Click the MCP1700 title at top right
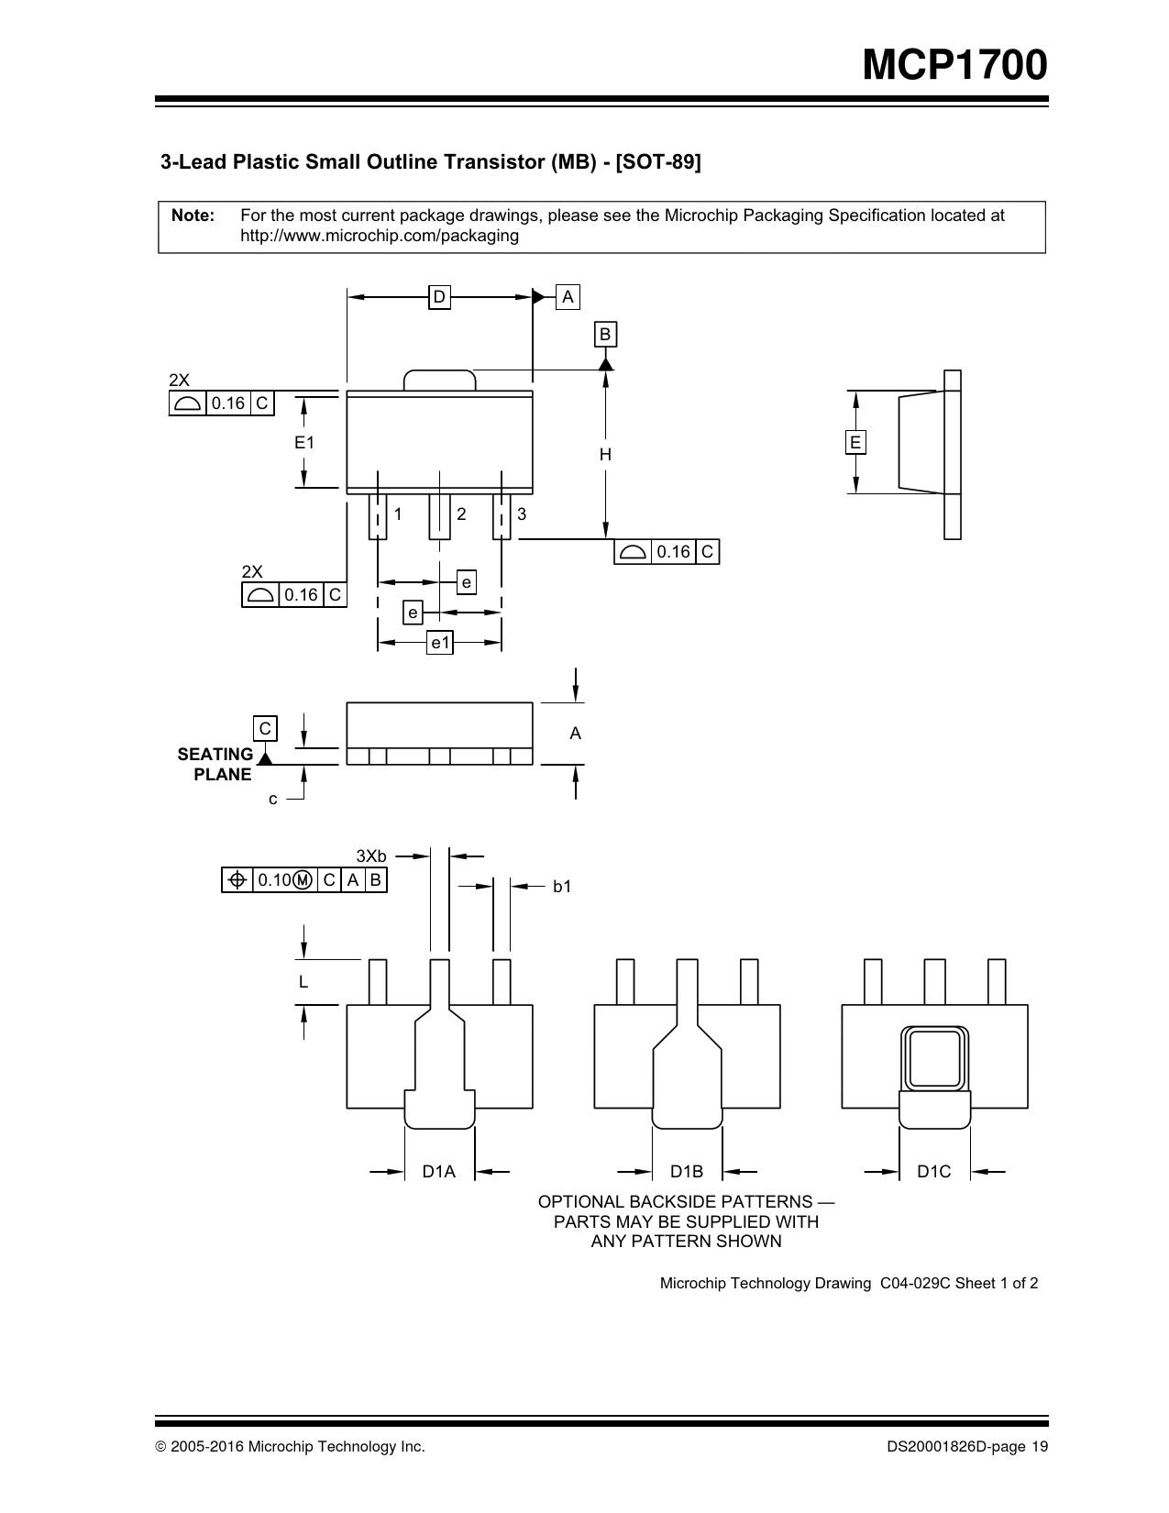pyautogui.click(x=954, y=65)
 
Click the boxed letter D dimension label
pyautogui.click(x=439, y=297)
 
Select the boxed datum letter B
pyautogui.click(x=605, y=334)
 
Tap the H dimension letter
pyautogui.click(x=606, y=455)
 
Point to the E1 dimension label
pyautogui.click(x=304, y=442)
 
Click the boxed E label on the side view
pyautogui.click(x=855, y=442)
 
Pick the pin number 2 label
pyautogui.click(x=461, y=514)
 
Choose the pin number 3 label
pyautogui.click(x=522, y=514)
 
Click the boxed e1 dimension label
pyautogui.click(x=440, y=643)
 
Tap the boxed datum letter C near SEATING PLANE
pyautogui.click(x=265, y=728)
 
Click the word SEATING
pyautogui.click(x=215, y=754)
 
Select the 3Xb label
pyautogui.click(x=371, y=856)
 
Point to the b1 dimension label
pyautogui.click(x=562, y=887)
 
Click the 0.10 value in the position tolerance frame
pyautogui.click(x=274, y=880)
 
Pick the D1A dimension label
pyautogui.click(x=438, y=1171)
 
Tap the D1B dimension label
pyautogui.click(x=687, y=1171)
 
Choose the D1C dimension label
pyautogui.click(x=933, y=1171)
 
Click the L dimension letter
pyautogui.click(x=303, y=982)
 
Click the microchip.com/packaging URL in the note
pyautogui.click(x=380, y=236)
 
